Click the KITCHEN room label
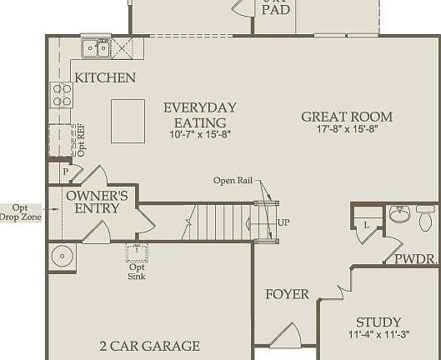pos(105,77)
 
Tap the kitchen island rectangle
pos(128,121)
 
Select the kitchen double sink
pos(95,49)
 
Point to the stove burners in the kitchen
pos(62,93)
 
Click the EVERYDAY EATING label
pos(199,115)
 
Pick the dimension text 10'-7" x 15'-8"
pos(198,134)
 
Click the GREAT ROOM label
pos(347,117)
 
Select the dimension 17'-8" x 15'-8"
pos(347,131)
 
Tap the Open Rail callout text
pos(233,180)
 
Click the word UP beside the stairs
pos(284,223)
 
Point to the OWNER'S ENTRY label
pos(97,202)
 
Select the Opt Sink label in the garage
pos(136,271)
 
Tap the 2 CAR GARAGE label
pos(149,346)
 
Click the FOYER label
pos(287,294)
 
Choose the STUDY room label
pos(378,322)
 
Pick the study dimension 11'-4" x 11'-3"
pos(378,336)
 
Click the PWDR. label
pos(416,259)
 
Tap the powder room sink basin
pos(399,216)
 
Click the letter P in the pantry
pos(65,171)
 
